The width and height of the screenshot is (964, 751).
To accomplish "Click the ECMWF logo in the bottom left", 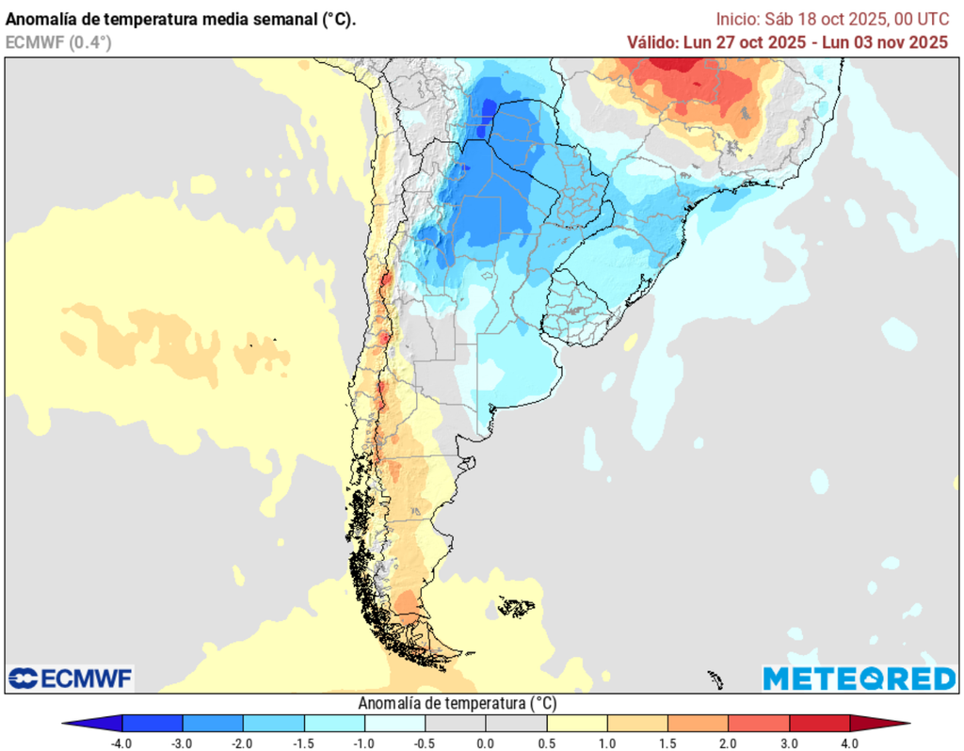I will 71,678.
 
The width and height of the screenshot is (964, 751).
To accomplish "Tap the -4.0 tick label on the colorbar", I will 121,743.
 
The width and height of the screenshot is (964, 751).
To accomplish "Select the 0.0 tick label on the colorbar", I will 486,743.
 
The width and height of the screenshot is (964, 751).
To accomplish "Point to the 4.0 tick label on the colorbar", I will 850,743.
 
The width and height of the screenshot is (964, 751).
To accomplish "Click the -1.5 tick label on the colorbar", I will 303,743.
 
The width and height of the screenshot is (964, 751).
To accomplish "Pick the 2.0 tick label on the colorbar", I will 729,743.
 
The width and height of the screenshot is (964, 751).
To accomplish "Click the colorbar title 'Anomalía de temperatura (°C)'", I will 458,703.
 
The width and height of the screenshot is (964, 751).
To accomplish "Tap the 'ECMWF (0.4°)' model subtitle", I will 58,41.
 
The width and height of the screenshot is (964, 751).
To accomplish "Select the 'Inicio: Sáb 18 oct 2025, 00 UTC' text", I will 831,19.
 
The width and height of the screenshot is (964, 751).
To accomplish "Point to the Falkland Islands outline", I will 515,605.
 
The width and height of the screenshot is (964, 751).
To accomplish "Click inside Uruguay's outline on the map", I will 576,306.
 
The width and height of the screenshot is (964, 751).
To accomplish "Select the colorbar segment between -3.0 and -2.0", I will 213,724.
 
